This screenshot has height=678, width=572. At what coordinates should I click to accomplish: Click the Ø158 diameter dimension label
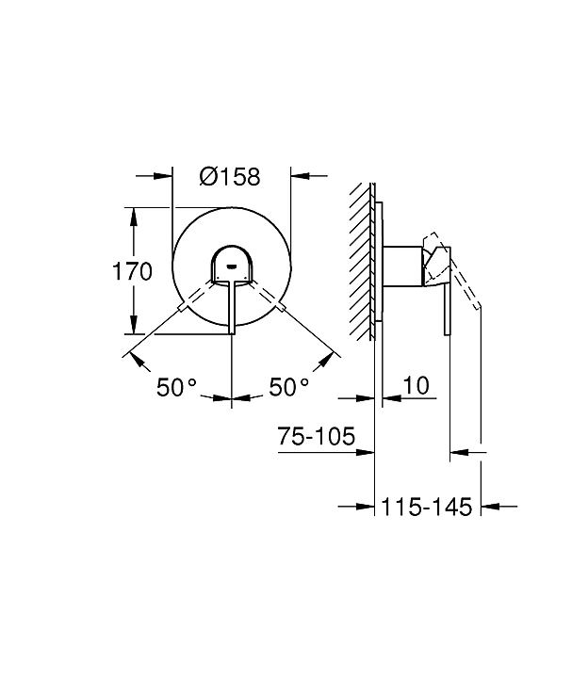[x=230, y=176]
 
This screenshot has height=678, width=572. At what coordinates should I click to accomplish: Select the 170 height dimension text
[x=132, y=271]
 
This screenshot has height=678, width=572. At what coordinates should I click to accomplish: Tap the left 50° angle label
[x=176, y=387]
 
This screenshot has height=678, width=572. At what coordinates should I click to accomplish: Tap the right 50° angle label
[x=289, y=387]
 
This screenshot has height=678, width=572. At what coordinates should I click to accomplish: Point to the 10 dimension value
[x=416, y=385]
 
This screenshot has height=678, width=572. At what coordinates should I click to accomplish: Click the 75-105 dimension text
[x=317, y=436]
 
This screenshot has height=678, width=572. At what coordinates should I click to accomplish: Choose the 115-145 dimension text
[x=427, y=507]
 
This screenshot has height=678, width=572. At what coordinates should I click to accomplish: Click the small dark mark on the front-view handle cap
[x=232, y=266]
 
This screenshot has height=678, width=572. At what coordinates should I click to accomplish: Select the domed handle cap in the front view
[x=232, y=265]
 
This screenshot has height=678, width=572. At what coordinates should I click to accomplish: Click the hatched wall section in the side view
[x=360, y=262]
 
